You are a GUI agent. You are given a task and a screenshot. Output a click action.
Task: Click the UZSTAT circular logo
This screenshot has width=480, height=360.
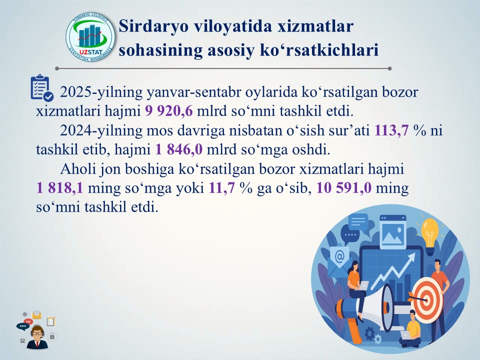point(90,37)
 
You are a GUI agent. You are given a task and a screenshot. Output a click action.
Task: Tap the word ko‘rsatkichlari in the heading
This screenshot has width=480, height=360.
point(319,50)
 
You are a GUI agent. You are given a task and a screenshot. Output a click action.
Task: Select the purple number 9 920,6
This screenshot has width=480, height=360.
point(169,111)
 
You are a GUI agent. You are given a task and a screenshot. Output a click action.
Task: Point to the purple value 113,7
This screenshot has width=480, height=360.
point(391,130)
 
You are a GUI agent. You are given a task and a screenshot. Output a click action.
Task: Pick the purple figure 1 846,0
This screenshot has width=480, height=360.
point(179,149)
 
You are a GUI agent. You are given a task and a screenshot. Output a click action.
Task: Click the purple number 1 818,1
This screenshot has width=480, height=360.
point(59,187)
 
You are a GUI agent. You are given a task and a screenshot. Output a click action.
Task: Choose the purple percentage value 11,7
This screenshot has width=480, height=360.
point(221,187)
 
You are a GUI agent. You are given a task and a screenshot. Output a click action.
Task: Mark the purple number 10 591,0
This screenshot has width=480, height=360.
point(344,187)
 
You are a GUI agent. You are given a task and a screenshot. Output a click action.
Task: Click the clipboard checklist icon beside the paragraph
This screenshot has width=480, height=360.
point(42,88)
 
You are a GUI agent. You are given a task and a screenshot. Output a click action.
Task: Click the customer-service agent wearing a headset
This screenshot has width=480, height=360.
point(37,337)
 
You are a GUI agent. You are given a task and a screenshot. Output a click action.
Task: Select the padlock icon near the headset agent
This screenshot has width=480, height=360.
point(52,336)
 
